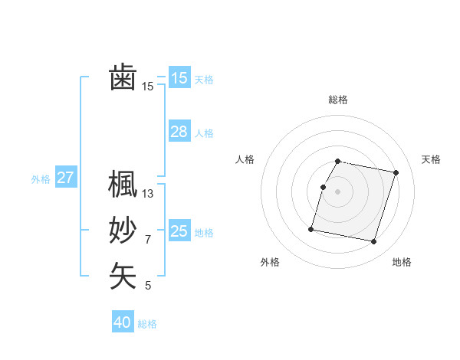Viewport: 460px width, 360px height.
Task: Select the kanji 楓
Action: [x=123, y=185]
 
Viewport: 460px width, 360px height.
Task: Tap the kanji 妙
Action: [x=123, y=231]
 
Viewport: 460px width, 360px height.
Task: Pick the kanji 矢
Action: [x=123, y=277]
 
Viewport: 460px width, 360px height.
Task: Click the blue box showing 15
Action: [x=179, y=77]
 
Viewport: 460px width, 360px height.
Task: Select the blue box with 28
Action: [x=179, y=132]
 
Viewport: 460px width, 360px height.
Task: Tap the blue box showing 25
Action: [x=179, y=231]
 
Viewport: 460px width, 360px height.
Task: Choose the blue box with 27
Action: [x=65, y=178]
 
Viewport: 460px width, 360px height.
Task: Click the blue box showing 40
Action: [x=123, y=322]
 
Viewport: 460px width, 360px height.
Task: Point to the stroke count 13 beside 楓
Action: [x=148, y=194]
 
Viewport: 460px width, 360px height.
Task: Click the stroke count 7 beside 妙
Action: [x=148, y=240]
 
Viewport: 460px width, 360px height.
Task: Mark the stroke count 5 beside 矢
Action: [x=148, y=286]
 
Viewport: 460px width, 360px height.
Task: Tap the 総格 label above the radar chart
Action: [x=338, y=100]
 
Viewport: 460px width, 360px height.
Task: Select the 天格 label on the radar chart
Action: [x=431, y=159]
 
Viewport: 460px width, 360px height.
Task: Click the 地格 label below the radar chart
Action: [x=402, y=262]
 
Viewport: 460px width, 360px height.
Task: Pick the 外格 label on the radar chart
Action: [x=270, y=262]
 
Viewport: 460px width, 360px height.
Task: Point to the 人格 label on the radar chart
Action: [x=245, y=159]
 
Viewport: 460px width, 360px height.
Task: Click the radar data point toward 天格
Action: [x=396, y=173]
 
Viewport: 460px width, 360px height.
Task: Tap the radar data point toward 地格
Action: [x=374, y=242]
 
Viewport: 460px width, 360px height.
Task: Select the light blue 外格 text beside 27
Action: [x=41, y=179]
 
